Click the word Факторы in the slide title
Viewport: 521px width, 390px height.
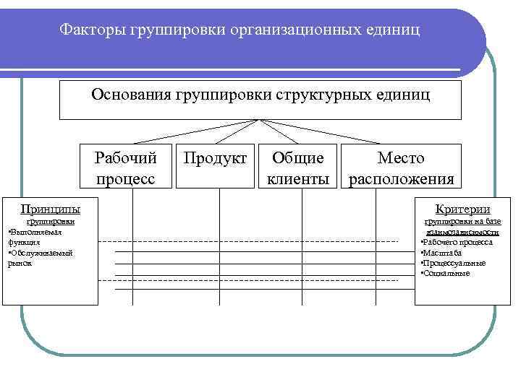tap(92, 30)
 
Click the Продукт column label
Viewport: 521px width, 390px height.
tap(215, 158)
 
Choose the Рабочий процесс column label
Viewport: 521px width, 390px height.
tap(126, 168)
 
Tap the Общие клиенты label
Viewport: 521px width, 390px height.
tap(298, 168)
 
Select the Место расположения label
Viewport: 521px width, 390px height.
tap(402, 168)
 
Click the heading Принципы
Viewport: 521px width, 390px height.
tap(50, 209)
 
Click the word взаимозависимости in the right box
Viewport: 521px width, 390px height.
tap(462, 233)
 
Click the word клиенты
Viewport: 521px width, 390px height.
tap(298, 178)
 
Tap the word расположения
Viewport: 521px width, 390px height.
tap(402, 178)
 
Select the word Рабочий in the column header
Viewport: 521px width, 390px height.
tap(126, 158)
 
